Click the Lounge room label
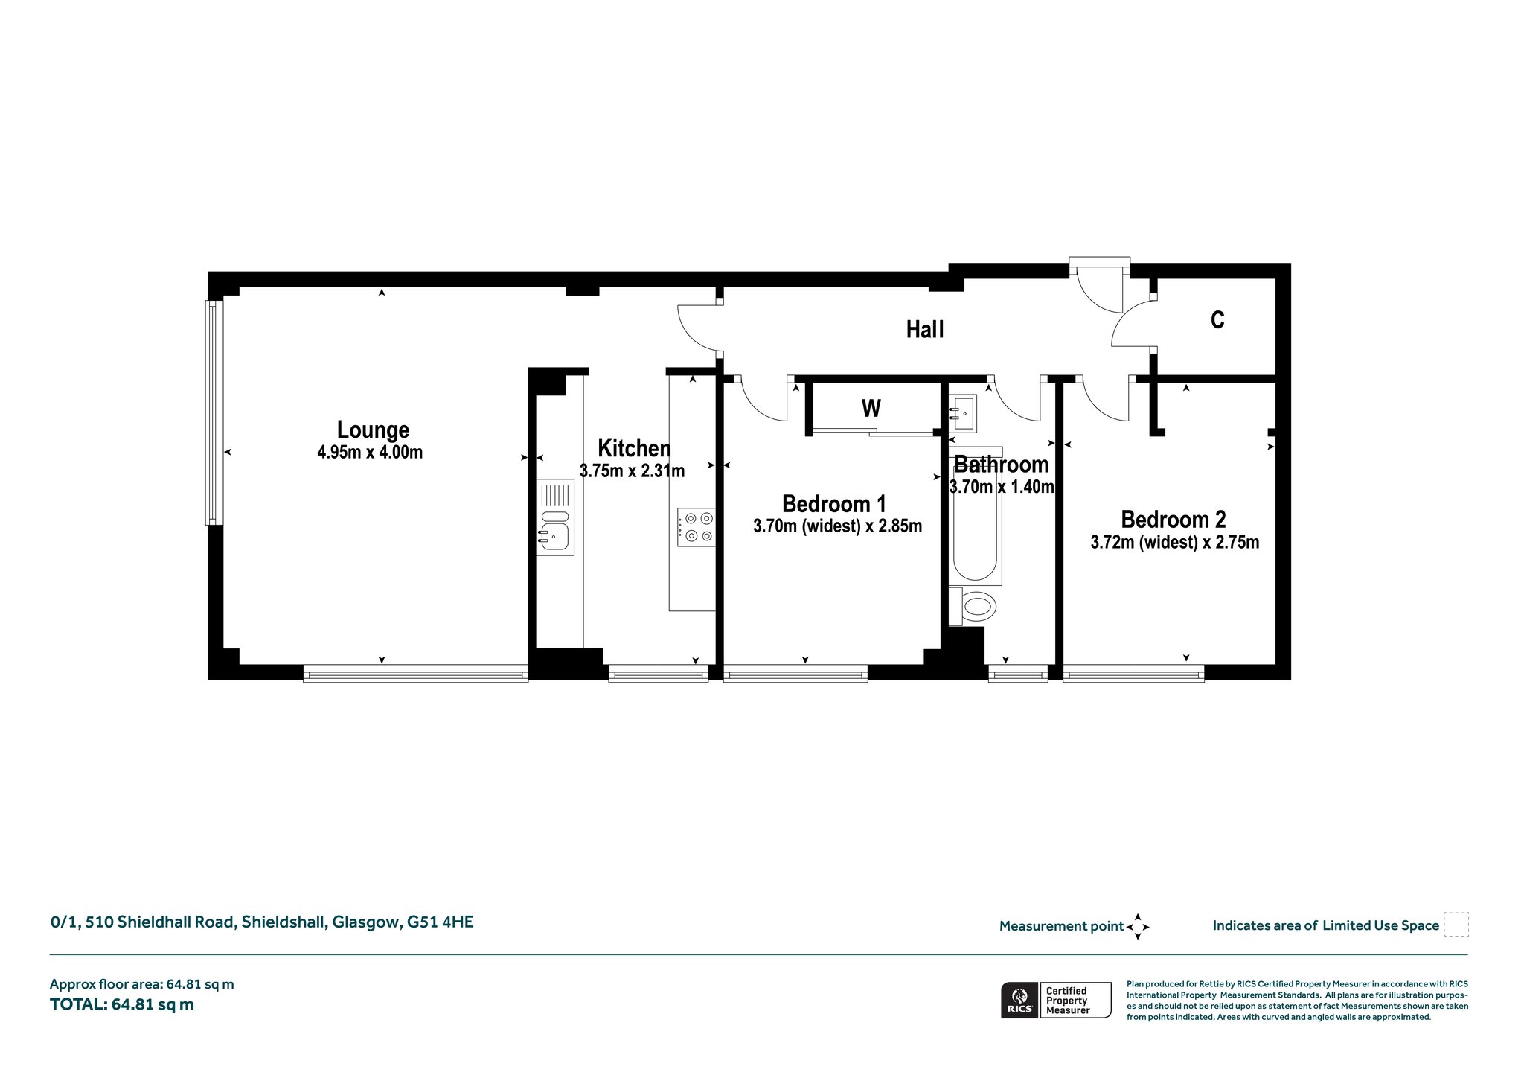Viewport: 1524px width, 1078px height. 373,430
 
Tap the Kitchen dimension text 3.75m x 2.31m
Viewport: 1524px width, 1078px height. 632,471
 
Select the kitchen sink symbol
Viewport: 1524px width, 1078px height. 555,517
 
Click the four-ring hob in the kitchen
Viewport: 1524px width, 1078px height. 696,526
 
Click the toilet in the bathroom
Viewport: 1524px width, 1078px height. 973,606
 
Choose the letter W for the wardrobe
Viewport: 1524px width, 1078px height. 871,409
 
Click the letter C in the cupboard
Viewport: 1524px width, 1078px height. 1217,320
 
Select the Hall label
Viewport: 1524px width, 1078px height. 925,330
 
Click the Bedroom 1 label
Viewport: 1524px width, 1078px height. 834,504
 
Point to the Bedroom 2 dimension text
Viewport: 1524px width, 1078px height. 1175,543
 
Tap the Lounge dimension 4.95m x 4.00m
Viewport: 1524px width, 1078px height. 370,453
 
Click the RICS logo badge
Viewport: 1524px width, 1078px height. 1019,1001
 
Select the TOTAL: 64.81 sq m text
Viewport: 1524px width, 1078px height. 122,1005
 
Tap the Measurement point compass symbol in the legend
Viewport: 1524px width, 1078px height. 1138,927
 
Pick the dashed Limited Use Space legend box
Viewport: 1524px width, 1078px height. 1456,925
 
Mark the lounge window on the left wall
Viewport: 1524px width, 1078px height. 214,412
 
